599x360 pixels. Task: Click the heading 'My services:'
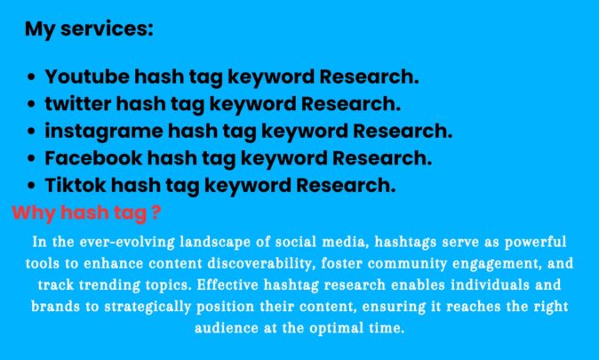point(89,29)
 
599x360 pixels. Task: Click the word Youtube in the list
point(87,76)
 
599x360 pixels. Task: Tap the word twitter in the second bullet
point(78,104)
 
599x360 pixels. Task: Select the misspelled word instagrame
point(104,132)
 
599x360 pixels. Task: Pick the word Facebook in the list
point(93,158)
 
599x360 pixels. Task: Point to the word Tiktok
point(76,185)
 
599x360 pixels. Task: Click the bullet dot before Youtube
point(32,77)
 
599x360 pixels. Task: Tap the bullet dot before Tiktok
point(32,186)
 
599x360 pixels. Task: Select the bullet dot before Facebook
point(32,158)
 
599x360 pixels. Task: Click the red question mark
point(156,212)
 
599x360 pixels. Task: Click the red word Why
point(34,213)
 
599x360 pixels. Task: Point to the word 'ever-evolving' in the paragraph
point(127,242)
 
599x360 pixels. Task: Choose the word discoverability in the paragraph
point(261,264)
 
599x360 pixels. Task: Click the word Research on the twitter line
point(351,104)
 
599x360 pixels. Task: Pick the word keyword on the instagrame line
point(304,132)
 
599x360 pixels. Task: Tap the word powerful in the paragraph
point(536,243)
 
